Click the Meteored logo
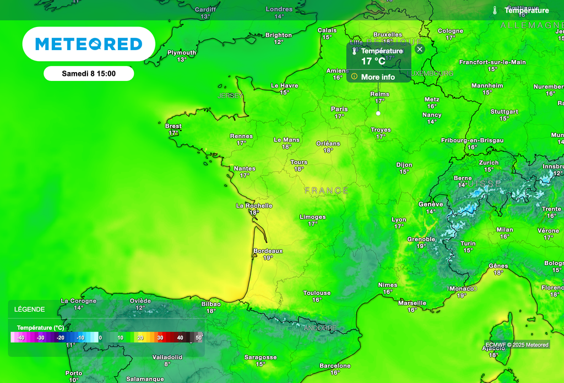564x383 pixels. click(89, 44)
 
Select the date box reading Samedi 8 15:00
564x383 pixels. click(89, 73)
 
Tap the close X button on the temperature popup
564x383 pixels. click(420, 49)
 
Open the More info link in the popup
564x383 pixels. click(378, 77)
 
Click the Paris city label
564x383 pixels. click(339, 109)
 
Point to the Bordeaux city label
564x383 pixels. click(268, 251)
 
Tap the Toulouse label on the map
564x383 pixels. click(317, 293)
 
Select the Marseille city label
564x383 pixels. click(412, 303)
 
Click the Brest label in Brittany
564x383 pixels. click(173, 126)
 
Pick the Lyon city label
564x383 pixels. click(399, 220)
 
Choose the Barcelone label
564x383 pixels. click(335, 365)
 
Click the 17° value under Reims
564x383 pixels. click(379, 101)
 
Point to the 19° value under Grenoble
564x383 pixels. click(421, 246)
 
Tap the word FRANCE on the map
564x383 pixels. click(326, 190)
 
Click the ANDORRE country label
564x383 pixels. click(320, 328)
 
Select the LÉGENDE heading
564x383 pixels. click(30, 309)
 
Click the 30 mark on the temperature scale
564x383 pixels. click(160, 337)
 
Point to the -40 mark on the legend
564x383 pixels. click(20, 337)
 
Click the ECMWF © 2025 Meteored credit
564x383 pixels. click(517, 345)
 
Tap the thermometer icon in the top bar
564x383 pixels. click(495, 10)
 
